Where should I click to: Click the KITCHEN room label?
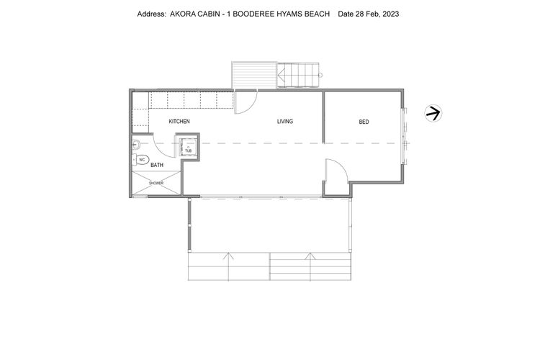pyautogui.click(x=179, y=122)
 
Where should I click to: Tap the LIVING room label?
pyautogui.click(x=285, y=121)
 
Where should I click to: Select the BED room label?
pyautogui.click(x=364, y=122)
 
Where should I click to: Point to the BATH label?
pyautogui.click(x=156, y=166)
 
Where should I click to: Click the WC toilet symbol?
pyautogui.click(x=142, y=159)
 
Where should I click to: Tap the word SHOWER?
pyautogui.click(x=156, y=184)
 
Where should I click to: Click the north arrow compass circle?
pyautogui.click(x=433, y=113)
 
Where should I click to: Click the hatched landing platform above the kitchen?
pyautogui.click(x=253, y=76)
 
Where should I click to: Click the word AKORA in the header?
pyautogui.click(x=181, y=14)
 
